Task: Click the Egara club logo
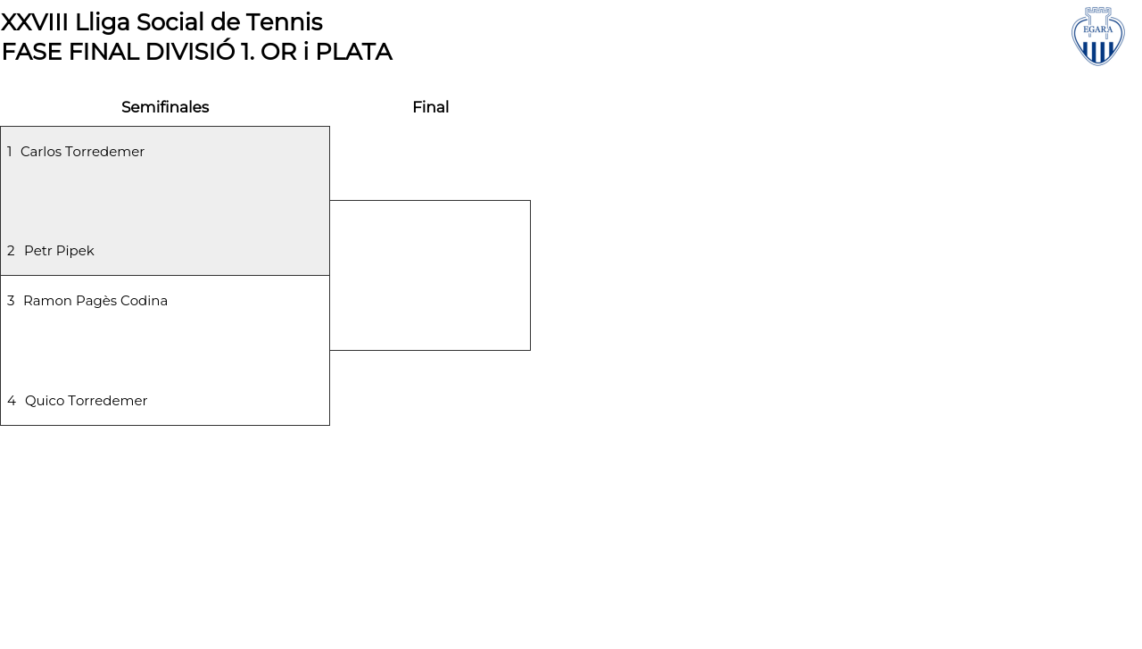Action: [1097, 37]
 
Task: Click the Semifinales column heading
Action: [165, 107]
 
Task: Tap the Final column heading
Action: [431, 107]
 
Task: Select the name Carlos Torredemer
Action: [83, 152]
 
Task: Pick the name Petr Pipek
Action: [59, 251]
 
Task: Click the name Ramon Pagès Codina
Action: [95, 301]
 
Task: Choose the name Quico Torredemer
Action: [87, 401]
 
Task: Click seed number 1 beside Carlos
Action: [9, 152]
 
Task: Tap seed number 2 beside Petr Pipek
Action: [11, 251]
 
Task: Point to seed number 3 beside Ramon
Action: [11, 301]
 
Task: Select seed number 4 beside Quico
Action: [12, 401]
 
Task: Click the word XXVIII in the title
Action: [35, 22]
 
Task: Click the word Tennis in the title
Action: [285, 22]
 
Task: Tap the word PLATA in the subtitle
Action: [354, 52]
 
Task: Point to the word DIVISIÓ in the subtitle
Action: [190, 51]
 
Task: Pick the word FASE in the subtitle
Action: [31, 52]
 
